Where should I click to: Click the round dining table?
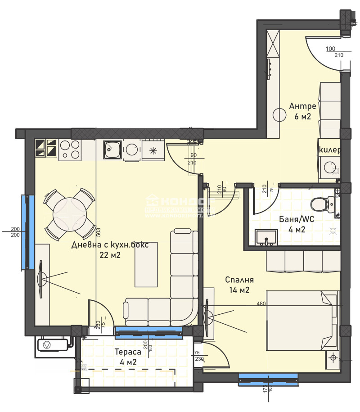69,213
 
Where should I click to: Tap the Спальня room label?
239,279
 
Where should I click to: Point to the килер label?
329,149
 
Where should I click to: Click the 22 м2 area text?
110,255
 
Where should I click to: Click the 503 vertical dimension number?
98,232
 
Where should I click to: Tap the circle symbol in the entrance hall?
279,115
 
